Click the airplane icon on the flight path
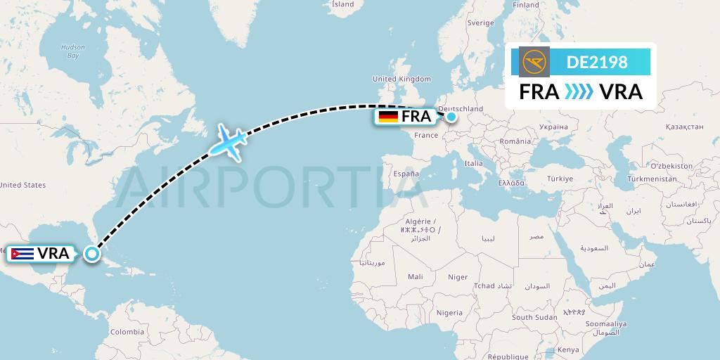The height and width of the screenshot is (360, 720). [x=226, y=141]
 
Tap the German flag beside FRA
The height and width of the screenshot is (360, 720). [x=388, y=117]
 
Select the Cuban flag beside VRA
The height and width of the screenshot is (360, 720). [x=22, y=254]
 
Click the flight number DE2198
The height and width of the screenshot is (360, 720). [x=597, y=62]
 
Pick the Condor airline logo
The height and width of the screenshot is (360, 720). [x=534, y=62]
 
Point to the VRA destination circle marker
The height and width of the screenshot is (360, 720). [x=92, y=254]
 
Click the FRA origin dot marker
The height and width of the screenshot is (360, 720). [x=451, y=117]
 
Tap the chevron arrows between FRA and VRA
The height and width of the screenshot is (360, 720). [x=579, y=92]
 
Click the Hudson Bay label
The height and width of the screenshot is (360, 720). [x=73, y=51]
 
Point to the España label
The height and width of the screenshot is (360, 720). [x=406, y=173]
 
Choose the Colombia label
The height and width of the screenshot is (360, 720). [x=127, y=332]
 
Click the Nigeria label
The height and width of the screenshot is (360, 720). [x=449, y=312]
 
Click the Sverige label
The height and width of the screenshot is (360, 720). [x=481, y=22]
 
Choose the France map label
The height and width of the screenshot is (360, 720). [x=426, y=135]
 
